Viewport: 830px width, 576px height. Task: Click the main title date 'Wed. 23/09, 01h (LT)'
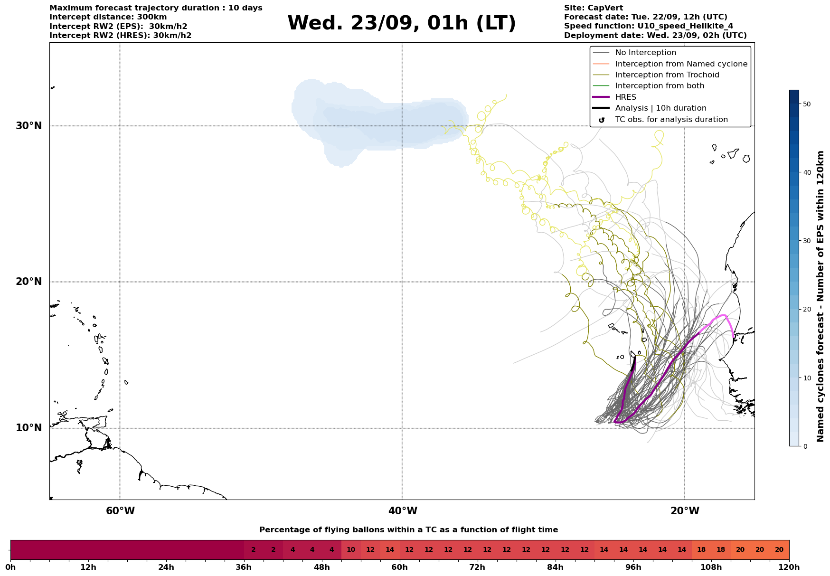tap(401, 23)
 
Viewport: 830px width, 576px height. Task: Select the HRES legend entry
tap(625, 97)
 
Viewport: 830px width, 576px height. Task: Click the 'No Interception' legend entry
tap(645, 53)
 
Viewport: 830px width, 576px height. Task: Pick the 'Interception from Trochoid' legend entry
tap(667, 75)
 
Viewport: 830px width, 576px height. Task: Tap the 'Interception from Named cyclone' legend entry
tap(681, 64)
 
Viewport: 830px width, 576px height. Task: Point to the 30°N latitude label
tap(29, 126)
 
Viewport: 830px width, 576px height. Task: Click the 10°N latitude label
tap(29, 428)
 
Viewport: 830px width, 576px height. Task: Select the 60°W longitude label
tap(120, 511)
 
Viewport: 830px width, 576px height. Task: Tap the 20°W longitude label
tap(685, 511)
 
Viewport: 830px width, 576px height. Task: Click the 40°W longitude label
tap(403, 511)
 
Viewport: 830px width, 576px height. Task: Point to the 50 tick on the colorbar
tap(806, 104)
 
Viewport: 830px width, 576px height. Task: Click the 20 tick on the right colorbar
tap(806, 309)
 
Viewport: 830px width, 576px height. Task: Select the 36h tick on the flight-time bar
tap(244, 567)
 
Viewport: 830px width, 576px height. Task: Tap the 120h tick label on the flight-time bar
tap(789, 567)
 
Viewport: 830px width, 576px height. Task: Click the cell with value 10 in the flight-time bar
tap(351, 550)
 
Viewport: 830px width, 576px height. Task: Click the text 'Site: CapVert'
tap(594, 8)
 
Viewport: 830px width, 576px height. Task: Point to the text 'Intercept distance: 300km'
tap(108, 17)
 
